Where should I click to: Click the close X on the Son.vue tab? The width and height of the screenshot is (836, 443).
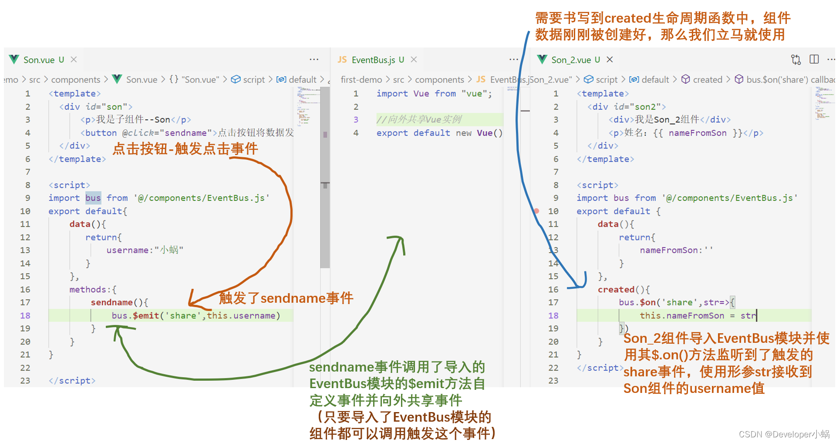pos(74,59)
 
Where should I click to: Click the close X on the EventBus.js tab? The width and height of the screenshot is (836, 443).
pos(414,59)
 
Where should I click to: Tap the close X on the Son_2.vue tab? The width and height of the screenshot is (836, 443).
pos(610,59)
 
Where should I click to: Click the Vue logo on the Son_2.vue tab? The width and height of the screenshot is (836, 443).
pos(542,59)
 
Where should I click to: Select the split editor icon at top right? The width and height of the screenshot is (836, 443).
pos(814,59)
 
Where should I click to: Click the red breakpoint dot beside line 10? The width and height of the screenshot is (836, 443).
pos(536,211)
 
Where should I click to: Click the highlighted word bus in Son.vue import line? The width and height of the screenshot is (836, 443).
pos(93,198)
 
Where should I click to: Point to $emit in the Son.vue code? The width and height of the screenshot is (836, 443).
pos(146,315)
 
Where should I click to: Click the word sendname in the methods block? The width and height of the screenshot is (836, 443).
pos(111,302)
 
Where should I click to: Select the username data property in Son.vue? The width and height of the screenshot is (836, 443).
pos(127,250)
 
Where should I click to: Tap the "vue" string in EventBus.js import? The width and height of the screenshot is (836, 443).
pos(474,94)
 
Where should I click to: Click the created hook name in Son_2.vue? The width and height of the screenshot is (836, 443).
pos(616,290)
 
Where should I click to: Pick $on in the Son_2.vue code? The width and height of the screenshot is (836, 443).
pos(648,302)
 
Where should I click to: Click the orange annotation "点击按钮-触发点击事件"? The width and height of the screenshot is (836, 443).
pos(185,149)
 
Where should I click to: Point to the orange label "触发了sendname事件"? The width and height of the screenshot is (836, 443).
pos(286,298)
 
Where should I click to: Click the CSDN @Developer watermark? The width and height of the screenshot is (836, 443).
pos(784,434)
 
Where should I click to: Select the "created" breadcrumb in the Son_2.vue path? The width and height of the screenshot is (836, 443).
pos(707,80)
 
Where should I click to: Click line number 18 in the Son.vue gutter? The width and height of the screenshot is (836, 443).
pos(25,315)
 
